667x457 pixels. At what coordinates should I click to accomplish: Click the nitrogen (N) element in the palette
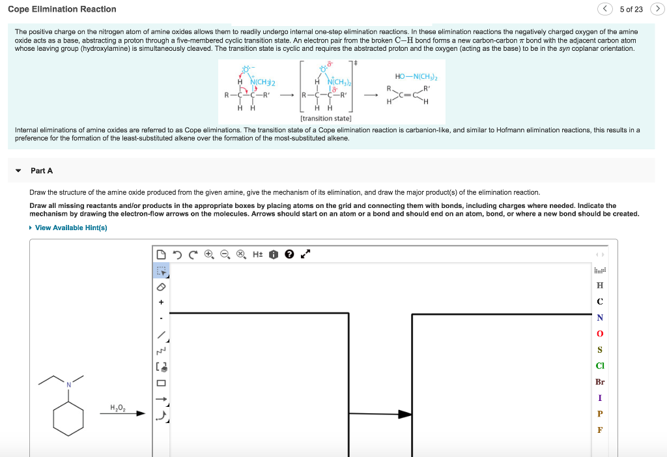point(599,317)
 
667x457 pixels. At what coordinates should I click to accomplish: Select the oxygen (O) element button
point(599,334)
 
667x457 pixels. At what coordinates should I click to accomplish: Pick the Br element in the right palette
point(599,382)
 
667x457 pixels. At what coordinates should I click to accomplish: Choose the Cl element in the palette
point(599,366)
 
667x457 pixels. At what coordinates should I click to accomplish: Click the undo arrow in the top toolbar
point(177,254)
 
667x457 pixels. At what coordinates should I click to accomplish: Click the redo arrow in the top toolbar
point(193,254)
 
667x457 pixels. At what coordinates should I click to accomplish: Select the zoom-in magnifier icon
point(208,254)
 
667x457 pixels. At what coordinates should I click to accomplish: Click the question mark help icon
point(289,254)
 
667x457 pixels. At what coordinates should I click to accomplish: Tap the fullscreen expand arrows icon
point(304,254)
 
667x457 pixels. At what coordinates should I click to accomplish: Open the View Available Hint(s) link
point(70,228)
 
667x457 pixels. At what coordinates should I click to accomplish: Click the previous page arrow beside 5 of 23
point(605,9)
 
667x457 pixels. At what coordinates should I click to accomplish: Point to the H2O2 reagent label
point(118,408)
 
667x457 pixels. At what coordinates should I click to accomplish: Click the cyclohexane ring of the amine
point(68,419)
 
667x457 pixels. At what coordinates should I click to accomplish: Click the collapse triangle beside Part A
point(18,171)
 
